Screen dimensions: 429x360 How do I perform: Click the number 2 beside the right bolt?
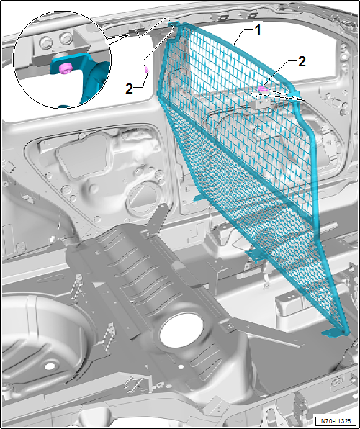tap(301, 62)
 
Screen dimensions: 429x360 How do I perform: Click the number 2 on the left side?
tap(130, 89)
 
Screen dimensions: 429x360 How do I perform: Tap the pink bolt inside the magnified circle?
tap(65, 68)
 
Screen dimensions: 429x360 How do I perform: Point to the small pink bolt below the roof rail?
tap(147, 71)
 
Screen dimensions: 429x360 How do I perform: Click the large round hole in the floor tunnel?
tap(177, 330)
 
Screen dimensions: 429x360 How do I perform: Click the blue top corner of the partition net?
tap(174, 29)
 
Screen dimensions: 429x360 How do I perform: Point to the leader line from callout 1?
tap(240, 37)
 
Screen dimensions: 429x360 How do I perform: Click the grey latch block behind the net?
tap(261, 102)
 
